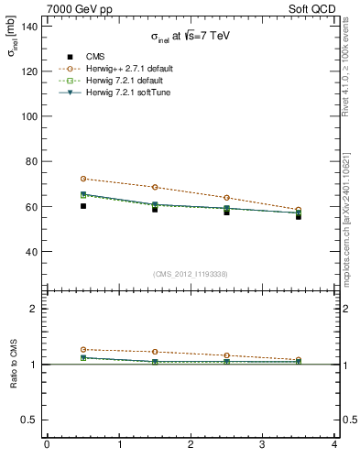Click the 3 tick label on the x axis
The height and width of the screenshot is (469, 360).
[262, 445]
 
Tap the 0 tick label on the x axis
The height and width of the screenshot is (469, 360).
[46, 445]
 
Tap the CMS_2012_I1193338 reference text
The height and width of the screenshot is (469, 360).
[190, 274]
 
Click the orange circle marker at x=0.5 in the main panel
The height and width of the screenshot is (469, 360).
[82, 179]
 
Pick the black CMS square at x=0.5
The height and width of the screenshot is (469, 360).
[82, 206]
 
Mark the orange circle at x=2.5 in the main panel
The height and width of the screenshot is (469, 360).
[226, 198]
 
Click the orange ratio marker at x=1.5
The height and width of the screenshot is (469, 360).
[155, 352]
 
